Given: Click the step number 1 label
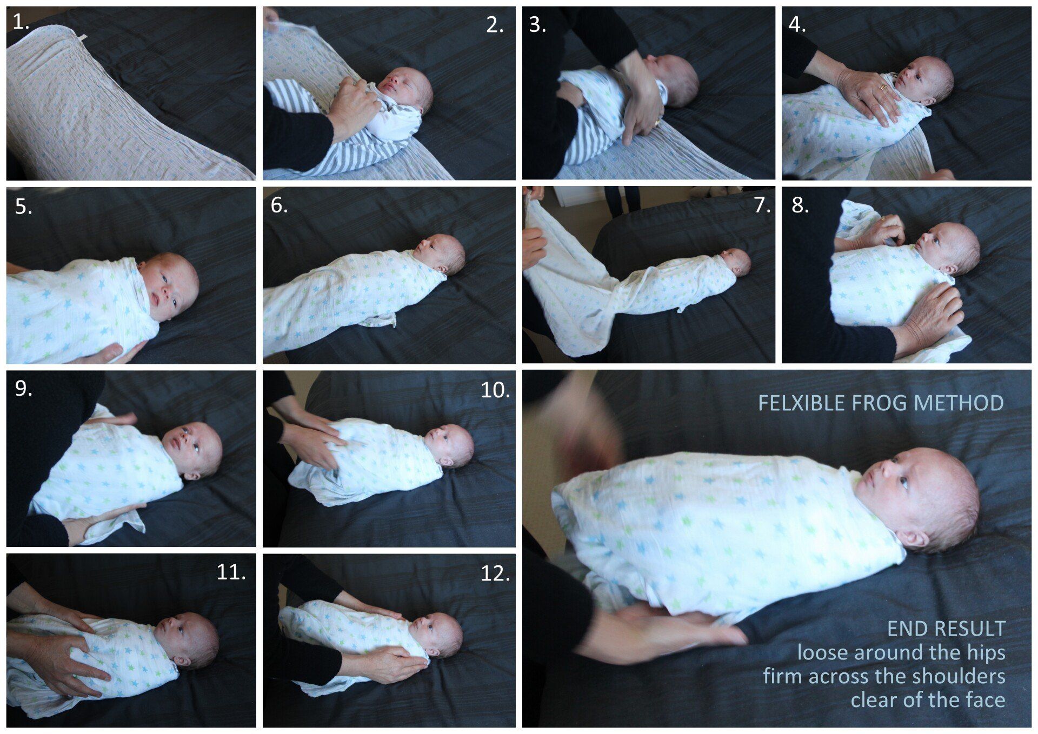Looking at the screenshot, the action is (21, 23).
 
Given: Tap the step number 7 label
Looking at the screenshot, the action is (762, 206).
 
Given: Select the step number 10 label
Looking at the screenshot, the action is (495, 390).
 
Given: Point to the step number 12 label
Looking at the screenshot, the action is (495, 573).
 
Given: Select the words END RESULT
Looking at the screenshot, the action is (946, 629).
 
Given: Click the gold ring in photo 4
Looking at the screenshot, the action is (883, 86).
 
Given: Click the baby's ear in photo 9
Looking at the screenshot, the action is (192, 476).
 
